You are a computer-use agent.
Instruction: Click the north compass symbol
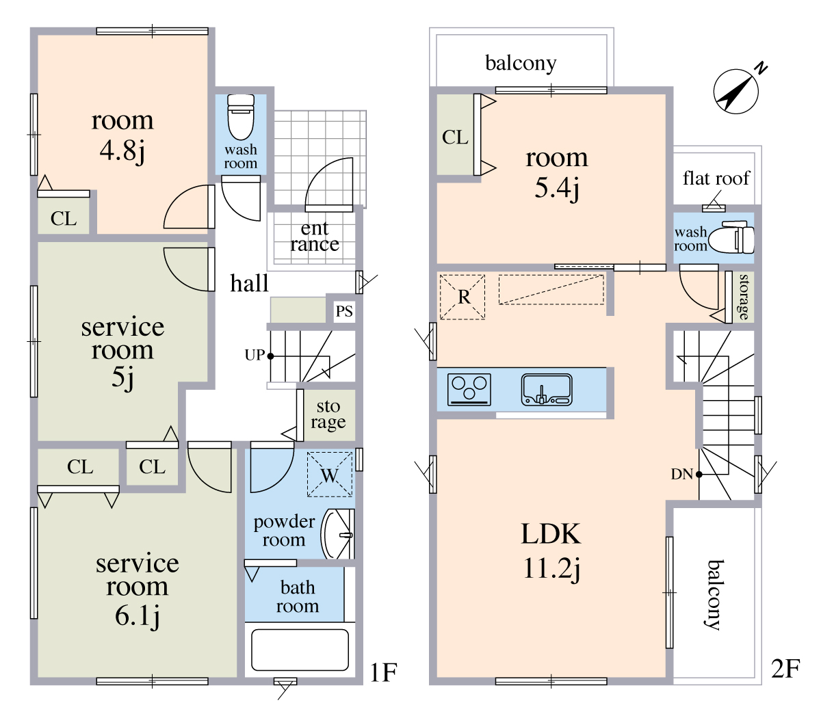pos(735,92)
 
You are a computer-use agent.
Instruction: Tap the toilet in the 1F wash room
pos(241,116)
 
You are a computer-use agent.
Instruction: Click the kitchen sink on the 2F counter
pos(547,389)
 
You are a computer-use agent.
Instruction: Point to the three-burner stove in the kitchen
pos(469,389)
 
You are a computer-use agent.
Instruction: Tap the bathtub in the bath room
pos(300,650)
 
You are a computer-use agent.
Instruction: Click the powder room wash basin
pos(337,534)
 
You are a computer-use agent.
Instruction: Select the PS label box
pos(344,311)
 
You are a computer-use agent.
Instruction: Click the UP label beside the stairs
pos(255,355)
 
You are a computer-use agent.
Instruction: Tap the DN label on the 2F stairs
pos(681,474)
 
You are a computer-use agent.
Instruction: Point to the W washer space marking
pos(330,475)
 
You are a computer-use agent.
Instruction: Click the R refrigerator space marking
pos(462,297)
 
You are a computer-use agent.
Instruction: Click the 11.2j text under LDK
pos(551,568)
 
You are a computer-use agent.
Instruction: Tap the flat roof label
pos(716,178)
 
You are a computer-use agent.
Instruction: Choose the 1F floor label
pos(383,673)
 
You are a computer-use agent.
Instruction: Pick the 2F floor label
pos(785,669)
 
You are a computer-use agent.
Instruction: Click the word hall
pos(249,283)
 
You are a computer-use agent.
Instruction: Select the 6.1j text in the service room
pos(138,617)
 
